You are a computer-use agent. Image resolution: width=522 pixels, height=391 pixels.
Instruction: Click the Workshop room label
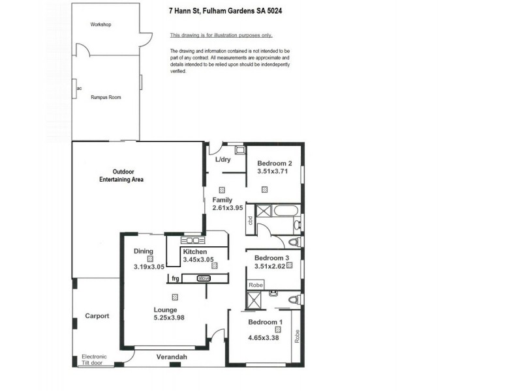pyautogui.click(x=101, y=25)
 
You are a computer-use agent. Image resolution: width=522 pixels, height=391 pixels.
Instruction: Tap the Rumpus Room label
pyautogui.click(x=106, y=98)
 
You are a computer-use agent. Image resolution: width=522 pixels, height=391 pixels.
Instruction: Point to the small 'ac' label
pyautogui.click(x=78, y=88)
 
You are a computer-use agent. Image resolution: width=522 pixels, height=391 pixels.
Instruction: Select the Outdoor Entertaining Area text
pyautogui.click(x=121, y=175)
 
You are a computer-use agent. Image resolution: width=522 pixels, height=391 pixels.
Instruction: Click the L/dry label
pyautogui.click(x=224, y=160)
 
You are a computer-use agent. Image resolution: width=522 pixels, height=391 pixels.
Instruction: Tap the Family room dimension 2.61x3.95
pyautogui.click(x=227, y=209)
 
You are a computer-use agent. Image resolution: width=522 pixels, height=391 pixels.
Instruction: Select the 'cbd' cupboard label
pyautogui.click(x=251, y=222)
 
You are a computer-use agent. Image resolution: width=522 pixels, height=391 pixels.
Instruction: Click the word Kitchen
pyautogui.click(x=195, y=252)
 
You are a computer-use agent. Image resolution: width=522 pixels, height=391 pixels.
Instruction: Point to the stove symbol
pyautogui.click(x=204, y=278)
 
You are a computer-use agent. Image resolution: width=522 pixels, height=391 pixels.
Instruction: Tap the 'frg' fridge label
pyautogui.click(x=175, y=278)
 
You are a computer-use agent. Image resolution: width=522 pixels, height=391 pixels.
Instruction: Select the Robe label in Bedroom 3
pyautogui.click(x=256, y=285)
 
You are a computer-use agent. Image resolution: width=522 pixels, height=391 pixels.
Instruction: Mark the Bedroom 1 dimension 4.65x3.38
pyautogui.click(x=264, y=338)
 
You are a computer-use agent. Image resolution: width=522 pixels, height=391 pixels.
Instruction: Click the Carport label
pyautogui.click(x=97, y=316)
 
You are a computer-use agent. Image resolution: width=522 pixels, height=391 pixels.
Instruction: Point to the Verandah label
pyautogui.click(x=172, y=357)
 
